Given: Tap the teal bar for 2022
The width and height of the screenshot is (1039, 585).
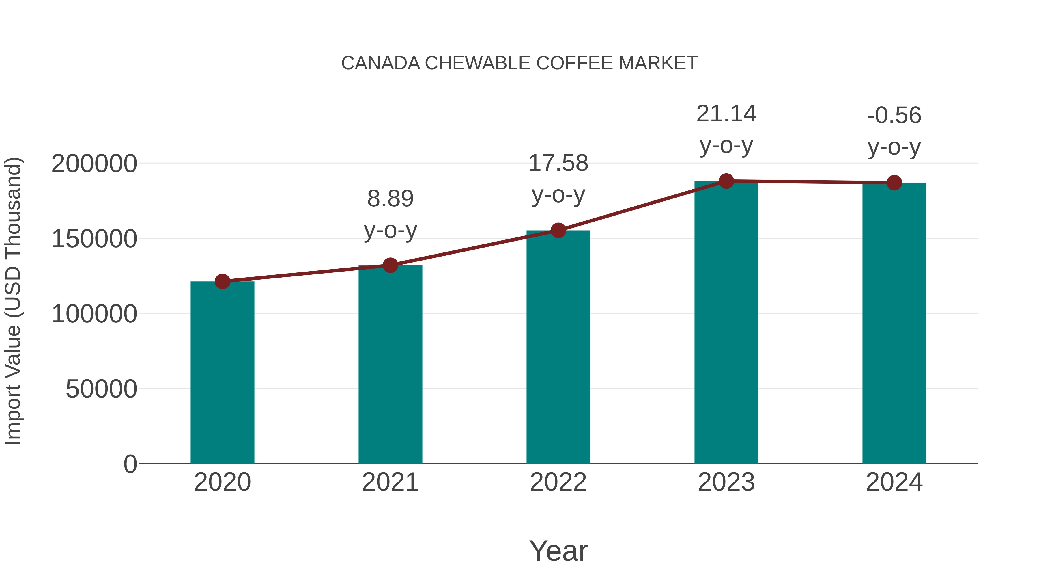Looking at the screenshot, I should (558, 347).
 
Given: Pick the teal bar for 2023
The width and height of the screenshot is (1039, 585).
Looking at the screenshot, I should (726, 323).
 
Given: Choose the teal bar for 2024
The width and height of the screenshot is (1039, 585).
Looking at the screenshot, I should (894, 323).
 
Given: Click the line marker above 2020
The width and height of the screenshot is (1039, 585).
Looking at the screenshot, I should (222, 281).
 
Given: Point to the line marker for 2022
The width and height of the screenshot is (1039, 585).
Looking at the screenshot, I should (558, 230).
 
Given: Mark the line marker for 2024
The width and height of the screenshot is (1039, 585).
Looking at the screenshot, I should (894, 183).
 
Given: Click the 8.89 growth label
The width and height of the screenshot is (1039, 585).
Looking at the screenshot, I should (390, 199).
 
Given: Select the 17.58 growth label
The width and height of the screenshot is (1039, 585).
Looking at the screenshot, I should (558, 163).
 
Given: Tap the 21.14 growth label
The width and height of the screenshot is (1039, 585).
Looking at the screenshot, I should (726, 114).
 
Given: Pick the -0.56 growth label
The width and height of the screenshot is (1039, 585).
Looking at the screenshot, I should (894, 116).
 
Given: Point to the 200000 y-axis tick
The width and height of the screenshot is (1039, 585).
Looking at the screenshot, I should (94, 164).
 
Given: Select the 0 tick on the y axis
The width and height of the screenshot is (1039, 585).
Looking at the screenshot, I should (130, 464).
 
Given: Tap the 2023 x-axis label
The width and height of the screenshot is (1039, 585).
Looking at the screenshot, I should (726, 482).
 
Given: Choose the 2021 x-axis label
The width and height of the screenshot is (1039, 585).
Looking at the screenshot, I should (390, 482).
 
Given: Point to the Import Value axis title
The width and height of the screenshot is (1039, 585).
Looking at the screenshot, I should (13, 301).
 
